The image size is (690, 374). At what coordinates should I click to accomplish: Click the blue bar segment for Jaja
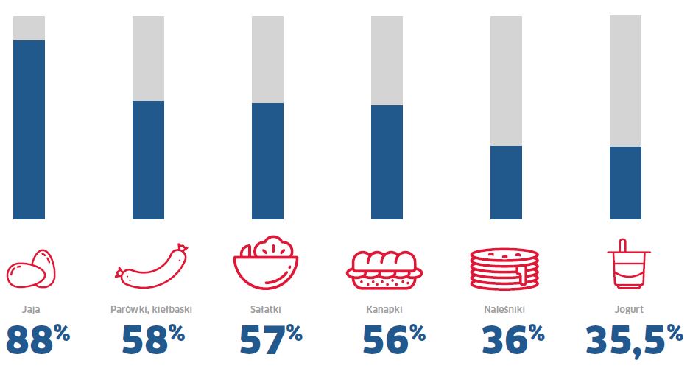pyautogui.click(x=29, y=130)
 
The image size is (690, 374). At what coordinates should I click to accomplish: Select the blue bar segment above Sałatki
pyautogui.click(x=267, y=160)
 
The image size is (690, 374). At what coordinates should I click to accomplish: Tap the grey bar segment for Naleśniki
pyautogui.click(x=506, y=81)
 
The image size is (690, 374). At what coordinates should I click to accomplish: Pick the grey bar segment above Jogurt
pyautogui.click(x=625, y=81)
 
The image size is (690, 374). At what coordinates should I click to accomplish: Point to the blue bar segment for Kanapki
pyautogui.click(x=387, y=162)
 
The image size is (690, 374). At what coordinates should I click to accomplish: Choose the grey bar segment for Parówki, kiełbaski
pyautogui.click(x=148, y=58)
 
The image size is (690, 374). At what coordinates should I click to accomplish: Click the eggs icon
pyautogui.click(x=30, y=269)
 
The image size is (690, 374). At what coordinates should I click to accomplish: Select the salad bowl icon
pyautogui.click(x=267, y=263)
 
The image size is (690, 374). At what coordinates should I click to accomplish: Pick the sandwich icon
pyautogui.click(x=387, y=269)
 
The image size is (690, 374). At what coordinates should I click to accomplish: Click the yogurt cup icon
pyautogui.click(x=625, y=264)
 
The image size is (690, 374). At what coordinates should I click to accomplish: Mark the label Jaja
pyautogui.click(x=29, y=309)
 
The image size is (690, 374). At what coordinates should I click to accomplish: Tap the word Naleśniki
pyautogui.click(x=506, y=309)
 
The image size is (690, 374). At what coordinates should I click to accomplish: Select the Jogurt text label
pyautogui.click(x=625, y=309)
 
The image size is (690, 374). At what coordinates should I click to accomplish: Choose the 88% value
pyautogui.click(x=38, y=341)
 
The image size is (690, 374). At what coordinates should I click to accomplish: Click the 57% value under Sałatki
pyautogui.click(x=271, y=341)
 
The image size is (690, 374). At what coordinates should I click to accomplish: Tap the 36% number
pyautogui.click(x=513, y=341)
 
